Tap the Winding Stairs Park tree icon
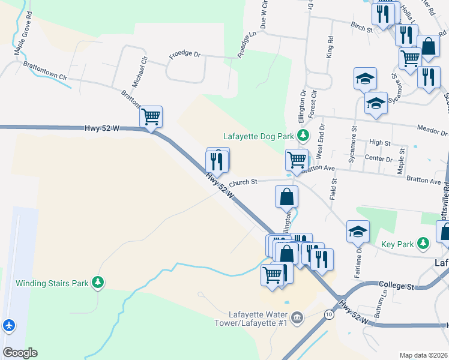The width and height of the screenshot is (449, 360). (97, 283)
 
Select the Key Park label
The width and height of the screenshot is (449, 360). (397, 244)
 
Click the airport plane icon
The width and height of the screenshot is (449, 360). (8, 326)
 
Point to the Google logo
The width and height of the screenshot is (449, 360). (20, 353)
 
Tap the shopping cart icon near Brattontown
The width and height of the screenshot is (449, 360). (151, 116)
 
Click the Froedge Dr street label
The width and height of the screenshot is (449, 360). (185, 53)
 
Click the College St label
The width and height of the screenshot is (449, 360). (397, 287)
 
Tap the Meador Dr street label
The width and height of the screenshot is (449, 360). (435, 132)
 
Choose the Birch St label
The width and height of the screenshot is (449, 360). (362, 27)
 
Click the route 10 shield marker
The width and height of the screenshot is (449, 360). (328, 314)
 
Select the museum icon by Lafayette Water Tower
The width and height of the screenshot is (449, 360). (297, 316)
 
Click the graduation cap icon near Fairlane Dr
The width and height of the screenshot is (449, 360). (358, 231)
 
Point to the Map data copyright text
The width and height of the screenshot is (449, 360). (424, 355)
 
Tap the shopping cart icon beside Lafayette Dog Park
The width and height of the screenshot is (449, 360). (297, 160)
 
